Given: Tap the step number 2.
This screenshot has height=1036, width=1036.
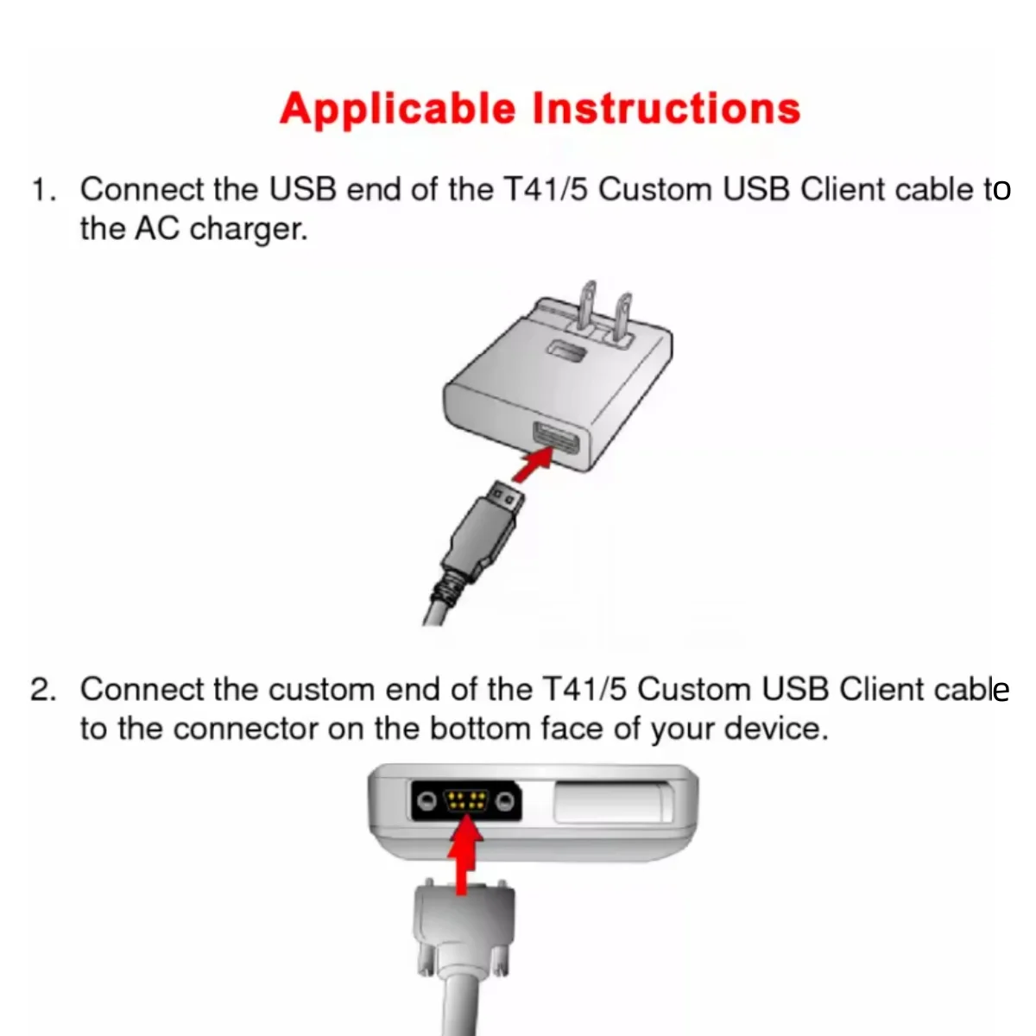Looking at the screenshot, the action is click(42, 691).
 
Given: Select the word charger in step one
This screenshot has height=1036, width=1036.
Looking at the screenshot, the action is click(249, 231).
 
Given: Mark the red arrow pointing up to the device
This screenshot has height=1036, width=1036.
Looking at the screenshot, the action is click(465, 855).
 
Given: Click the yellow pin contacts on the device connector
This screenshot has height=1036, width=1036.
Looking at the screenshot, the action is click(465, 800).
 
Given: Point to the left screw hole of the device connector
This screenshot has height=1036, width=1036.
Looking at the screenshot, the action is click(427, 801).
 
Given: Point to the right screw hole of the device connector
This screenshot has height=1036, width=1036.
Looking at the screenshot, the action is click(504, 801).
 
